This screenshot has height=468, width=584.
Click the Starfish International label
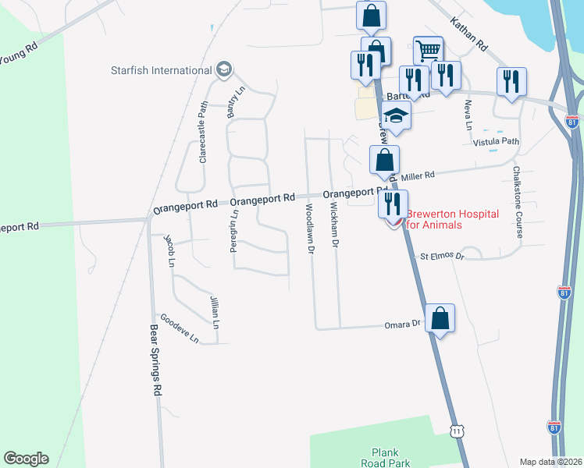(161, 71)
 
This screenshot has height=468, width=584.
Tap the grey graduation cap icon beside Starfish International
(224, 70)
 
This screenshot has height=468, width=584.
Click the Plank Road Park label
(390, 457)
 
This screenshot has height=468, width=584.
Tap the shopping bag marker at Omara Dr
(440, 318)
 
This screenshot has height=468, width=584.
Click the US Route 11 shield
(458, 430)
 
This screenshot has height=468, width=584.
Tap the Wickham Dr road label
(334, 225)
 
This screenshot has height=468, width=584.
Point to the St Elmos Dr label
(442, 256)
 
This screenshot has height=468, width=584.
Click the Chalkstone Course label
(518, 201)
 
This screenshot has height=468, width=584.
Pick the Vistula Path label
(496, 142)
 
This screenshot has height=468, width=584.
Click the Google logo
(26, 459)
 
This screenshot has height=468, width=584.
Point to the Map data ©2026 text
(550, 462)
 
